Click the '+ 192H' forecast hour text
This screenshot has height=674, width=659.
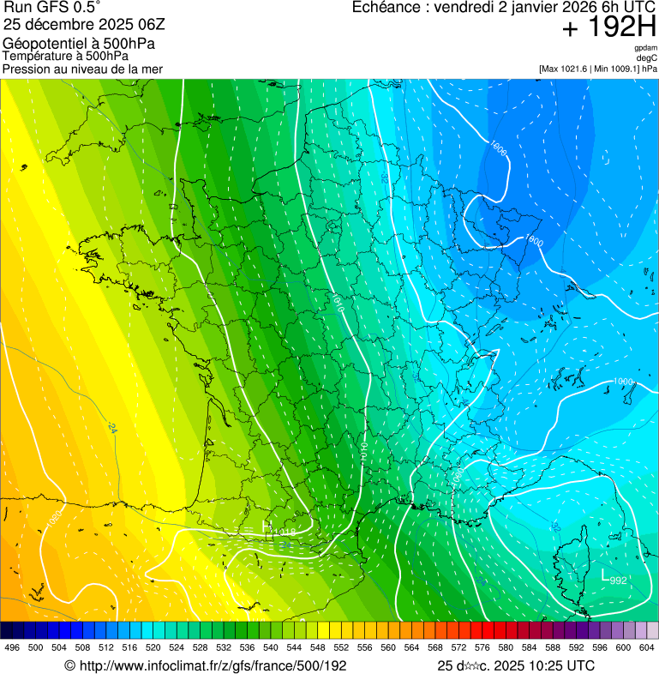608,27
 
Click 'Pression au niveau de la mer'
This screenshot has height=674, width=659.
82,68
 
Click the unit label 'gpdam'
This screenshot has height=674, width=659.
645,49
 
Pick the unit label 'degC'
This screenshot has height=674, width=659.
648,57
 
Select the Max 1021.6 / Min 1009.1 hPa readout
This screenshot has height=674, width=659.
597,68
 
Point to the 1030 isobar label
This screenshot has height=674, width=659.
53,520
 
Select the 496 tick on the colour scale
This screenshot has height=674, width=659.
12,647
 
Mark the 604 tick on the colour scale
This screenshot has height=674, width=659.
646,647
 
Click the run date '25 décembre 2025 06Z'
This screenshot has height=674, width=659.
84,26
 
